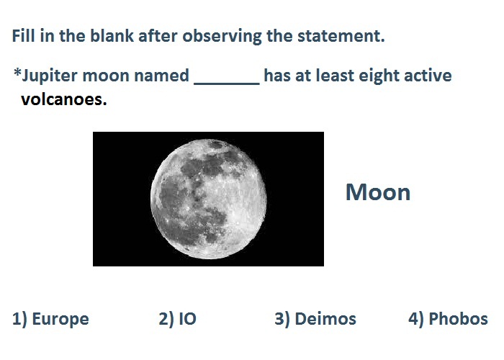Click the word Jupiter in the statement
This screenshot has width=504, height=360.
click(50, 76)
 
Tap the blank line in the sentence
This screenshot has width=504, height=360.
click(227, 84)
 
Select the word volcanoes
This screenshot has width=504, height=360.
click(63, 99)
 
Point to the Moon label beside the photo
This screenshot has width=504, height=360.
click(378, 192)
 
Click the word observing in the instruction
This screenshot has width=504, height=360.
click(222, 36)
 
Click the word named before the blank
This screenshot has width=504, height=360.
click(161, 76)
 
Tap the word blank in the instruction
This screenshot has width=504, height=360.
click(112, 35)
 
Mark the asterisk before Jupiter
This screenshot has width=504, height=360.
click(17, 72)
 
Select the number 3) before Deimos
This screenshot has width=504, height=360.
click(282, 319)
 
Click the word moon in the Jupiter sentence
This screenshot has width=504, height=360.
click(106, 76)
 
